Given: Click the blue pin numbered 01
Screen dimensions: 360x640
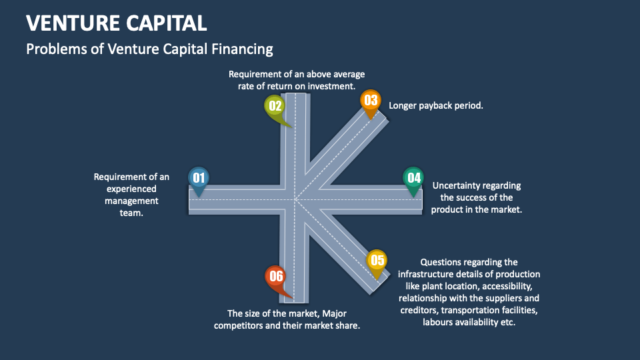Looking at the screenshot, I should tap(198, 178).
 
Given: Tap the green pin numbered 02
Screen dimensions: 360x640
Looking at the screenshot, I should tap(275, 106).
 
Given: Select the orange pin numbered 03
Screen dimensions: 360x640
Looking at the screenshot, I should tap(370, 101).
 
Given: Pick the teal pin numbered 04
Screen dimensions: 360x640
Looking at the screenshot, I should tap(413, 178).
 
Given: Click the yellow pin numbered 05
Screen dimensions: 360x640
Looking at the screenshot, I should tap(377, 261).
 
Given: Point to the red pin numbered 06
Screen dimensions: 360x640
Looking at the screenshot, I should tap(275, 277).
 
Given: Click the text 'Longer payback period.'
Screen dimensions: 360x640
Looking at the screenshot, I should tap(436, 105).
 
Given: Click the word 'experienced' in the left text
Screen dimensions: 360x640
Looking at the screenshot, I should tap(131, 189).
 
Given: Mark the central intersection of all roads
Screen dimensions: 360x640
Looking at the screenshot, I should tap(296, 199).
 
